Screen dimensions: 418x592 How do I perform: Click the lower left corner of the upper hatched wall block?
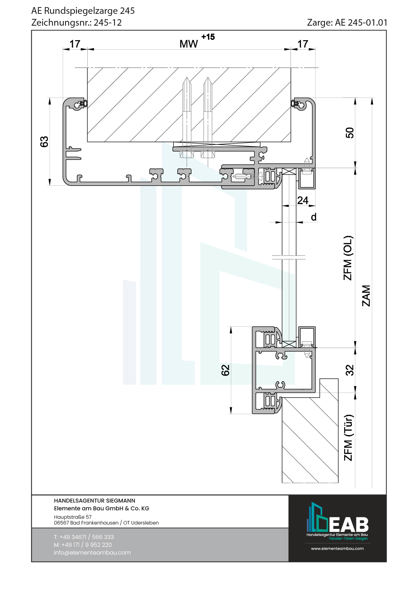tap(87, 142)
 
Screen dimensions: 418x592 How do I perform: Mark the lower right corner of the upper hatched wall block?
tap(291, 142)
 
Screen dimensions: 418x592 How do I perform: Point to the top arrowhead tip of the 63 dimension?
tap(50, 98)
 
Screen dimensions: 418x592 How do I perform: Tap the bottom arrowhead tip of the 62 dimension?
tap(231, 414)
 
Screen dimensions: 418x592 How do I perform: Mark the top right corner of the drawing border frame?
tap(386, 30)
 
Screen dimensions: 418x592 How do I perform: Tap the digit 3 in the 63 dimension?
tap(44, 139)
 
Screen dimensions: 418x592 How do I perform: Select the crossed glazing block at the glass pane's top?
tap(289, 171)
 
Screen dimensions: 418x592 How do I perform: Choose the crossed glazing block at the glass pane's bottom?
tap(289, 344)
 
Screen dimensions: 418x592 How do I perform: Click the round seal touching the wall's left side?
tap(85, 103)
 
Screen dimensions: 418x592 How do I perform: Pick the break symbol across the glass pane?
tap(289, 258)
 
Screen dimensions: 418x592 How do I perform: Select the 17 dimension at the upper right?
tap(303, 44)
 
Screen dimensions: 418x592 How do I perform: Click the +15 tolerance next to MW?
tap(208, 37)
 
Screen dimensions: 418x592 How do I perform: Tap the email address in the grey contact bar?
tap(92, 553)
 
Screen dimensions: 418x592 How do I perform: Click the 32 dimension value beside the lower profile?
tap(350, 370)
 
